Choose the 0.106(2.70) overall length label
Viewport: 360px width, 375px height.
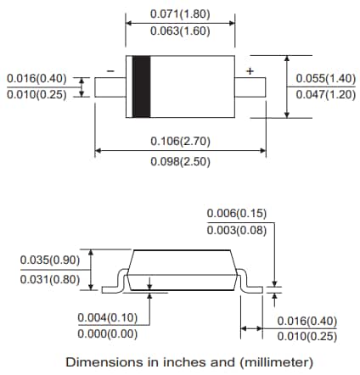click(180, 142)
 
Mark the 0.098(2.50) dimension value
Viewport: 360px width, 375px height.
click(180, 160)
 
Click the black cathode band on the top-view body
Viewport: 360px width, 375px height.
click(139, 86)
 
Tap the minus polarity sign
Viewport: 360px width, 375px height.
click(110, 71)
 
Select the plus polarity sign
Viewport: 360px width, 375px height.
click(250, 70)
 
